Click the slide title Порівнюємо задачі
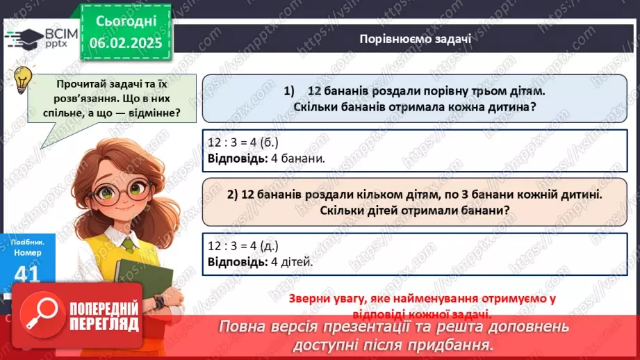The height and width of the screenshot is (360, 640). [416, 39]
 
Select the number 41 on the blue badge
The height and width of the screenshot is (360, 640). [26, 273]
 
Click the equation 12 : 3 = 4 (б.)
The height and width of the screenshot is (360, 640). [243, 142]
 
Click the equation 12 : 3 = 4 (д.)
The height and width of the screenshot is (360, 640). [243, 245]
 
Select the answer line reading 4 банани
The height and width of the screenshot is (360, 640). [266, 158]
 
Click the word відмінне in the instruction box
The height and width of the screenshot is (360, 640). [151, 111]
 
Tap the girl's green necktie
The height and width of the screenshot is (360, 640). [129, 244]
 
